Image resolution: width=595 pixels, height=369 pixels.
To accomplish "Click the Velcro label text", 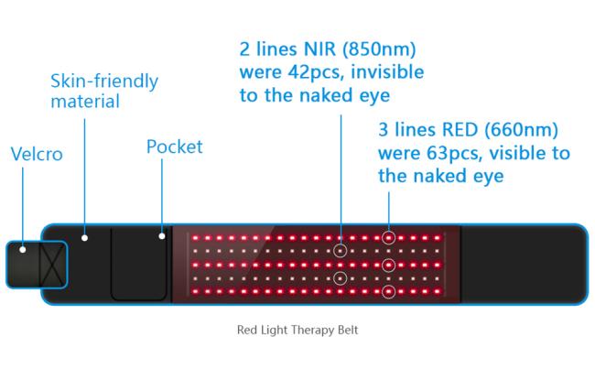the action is [x=37, y=154].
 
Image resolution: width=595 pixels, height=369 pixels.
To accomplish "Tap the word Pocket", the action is [x=175, y=147].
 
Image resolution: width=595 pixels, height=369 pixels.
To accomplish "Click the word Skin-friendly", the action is [x=104, y=81].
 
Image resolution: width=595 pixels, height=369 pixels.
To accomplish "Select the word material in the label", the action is [x=85, y=102].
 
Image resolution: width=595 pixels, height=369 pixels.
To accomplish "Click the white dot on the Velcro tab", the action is [x=23, y=249].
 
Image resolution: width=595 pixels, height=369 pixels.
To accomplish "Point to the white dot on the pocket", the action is [x=162, y=236].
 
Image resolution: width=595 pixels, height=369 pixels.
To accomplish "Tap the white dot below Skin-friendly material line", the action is [x=84, y=238].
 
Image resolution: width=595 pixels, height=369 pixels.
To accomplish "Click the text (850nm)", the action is [x=379, y=49].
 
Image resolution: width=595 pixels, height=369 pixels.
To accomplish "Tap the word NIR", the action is [x=319, y=49].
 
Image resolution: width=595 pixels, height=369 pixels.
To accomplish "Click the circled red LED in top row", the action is [x=388, y=238].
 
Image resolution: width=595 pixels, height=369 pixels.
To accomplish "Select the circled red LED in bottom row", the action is [x=388, y=292].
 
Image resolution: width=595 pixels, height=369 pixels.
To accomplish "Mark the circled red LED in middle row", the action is [x=388, y=265].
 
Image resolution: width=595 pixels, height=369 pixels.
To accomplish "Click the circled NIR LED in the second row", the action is [x=340, y=251].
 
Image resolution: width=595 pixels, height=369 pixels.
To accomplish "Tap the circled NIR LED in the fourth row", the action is [x=340, y=278].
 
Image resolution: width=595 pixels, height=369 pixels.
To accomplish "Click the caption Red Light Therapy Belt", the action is [x=297, y=330].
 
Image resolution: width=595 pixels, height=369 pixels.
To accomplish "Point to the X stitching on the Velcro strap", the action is [x=52, y=265].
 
